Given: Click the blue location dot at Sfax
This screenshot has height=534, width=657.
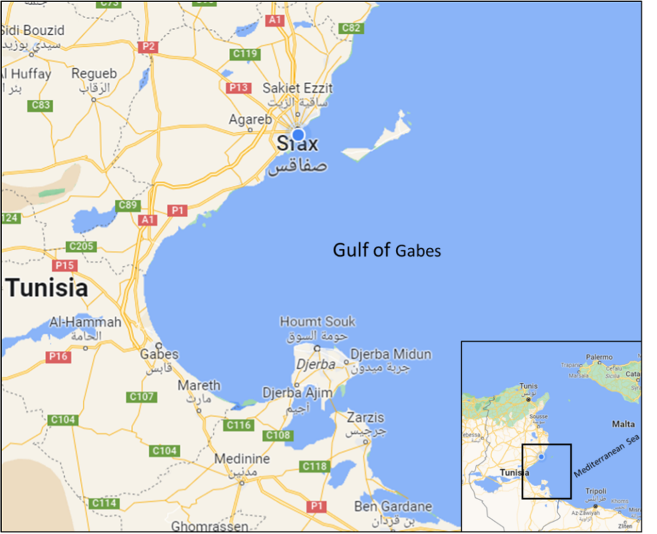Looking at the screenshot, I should (x=298, y=134).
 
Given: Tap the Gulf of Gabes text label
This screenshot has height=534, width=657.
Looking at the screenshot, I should (x=387, y=250).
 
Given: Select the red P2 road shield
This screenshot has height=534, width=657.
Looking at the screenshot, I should (x=148, y=47).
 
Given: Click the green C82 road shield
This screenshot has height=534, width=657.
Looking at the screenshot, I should (x=351, y=28).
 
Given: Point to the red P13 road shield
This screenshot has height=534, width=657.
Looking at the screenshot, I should (x=239, y=88).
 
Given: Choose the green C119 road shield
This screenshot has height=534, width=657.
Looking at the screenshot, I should (x=246, y=54).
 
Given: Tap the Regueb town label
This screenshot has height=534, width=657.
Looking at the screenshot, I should (x=94, y=74).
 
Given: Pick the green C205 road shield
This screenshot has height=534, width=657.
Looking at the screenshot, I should (x=82, y=246).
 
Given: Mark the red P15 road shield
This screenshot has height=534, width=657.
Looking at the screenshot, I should (x=65, y=265).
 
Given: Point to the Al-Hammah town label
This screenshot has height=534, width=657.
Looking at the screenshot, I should (x=85, y=322).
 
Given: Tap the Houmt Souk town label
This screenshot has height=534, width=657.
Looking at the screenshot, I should (x=318, y=322).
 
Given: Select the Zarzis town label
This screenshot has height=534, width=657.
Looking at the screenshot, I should (x=366, y=418).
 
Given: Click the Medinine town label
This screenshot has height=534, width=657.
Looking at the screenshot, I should (x=242, y=460).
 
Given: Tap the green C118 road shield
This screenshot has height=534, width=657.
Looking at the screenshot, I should (x=314, y=467).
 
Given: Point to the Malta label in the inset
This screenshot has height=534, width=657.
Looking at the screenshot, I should (x=623, y=424).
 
